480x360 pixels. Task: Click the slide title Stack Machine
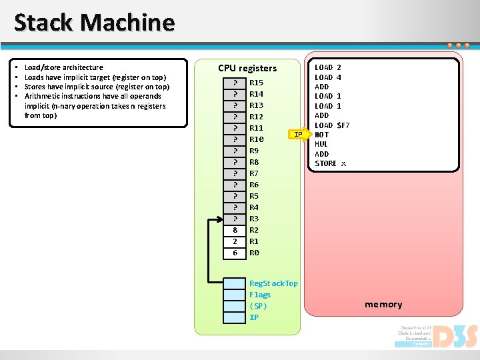(94, 23)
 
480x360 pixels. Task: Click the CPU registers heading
(247, 68)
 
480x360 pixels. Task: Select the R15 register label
(256, 83)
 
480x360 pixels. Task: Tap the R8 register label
(254, 162)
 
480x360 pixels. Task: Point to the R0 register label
(254, 253)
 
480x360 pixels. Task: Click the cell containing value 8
(235, 230)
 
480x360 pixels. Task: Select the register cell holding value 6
(235, 253)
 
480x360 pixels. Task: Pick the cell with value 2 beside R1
(235, 241)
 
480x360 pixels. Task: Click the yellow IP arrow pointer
(299, 135)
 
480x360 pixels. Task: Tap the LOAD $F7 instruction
(332, 125)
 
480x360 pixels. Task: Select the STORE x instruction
(331, 163)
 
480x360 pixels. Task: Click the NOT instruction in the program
(321, 135)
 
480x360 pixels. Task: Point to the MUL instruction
(321, 144)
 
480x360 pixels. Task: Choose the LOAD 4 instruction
(328, 77)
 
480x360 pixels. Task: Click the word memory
(383, 305)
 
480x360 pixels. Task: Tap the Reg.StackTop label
(273, 283)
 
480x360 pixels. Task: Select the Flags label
(260, 295)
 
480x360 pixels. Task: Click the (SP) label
(258, 306)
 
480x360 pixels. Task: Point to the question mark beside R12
(235, 117)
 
